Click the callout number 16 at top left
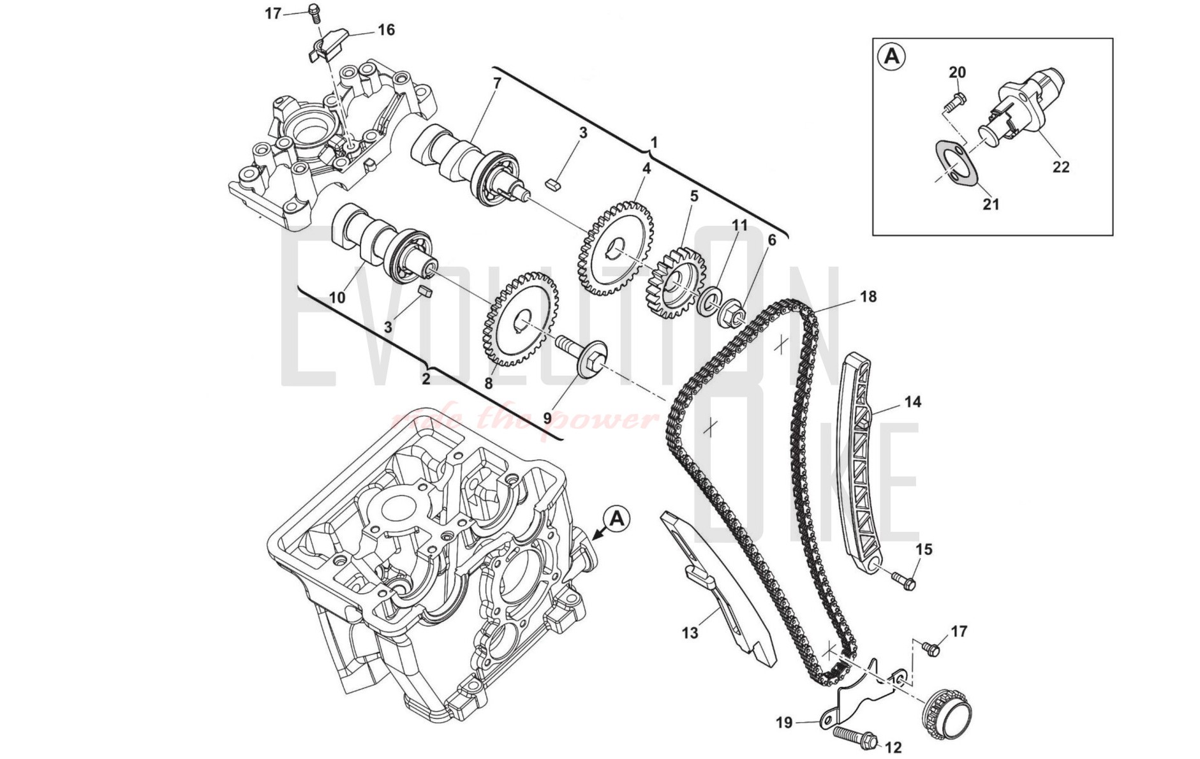click(386, 30)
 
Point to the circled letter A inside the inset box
click(892, 57)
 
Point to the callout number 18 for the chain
click(868, 297)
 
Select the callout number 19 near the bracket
click(784, 722)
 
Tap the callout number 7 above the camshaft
click(497, 83)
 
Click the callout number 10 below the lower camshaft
click(337, 297)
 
